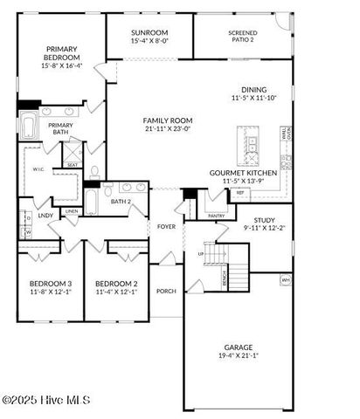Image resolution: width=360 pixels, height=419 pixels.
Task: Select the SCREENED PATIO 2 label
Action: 242,36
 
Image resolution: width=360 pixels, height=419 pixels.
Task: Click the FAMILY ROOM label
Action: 168,120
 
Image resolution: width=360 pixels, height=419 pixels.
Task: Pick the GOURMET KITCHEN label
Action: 243,173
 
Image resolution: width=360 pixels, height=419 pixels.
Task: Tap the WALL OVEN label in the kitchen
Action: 284,136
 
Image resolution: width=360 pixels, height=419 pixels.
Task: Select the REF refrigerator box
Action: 215,193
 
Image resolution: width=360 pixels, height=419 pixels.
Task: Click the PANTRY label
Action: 216,215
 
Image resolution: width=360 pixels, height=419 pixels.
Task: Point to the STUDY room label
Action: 264,220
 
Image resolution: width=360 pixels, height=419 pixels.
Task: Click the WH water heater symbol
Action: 285,279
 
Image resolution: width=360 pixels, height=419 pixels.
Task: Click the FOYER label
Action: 166,226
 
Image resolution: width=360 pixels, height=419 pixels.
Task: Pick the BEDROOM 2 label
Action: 116,284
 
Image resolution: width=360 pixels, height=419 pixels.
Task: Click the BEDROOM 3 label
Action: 51,284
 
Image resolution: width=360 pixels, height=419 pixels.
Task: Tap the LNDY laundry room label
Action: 45,215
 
